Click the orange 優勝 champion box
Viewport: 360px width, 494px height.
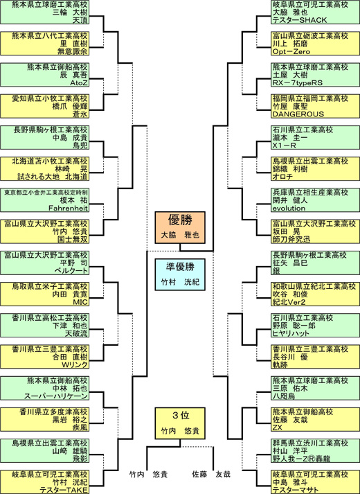point(180,227)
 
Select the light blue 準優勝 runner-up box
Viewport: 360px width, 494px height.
point(180,274)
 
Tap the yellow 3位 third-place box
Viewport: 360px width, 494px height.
point(180,423)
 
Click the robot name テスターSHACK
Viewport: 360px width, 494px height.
point(300,20)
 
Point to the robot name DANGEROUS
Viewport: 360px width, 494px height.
point(298,114)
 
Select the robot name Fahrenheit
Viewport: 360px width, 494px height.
point(68,208)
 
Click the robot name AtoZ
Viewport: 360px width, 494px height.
point(79,83)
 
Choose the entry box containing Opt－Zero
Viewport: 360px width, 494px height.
point(315,44)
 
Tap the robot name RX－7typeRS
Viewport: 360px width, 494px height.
point(298,83)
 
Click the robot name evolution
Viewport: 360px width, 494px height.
point(289,208)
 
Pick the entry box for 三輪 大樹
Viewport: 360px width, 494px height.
point(44,12)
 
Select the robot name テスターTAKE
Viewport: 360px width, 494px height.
point(64,490)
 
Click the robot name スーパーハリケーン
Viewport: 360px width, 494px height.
point(56,396)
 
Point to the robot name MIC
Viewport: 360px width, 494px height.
point(80,302)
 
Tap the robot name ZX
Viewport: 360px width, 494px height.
point(278,427)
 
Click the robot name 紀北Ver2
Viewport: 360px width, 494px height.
point(289,302)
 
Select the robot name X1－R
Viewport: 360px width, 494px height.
point(284,145)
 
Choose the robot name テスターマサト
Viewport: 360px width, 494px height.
point(296,490)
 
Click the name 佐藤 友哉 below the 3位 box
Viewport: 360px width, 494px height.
point(211,474)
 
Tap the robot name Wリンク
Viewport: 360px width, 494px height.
point(75,364)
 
